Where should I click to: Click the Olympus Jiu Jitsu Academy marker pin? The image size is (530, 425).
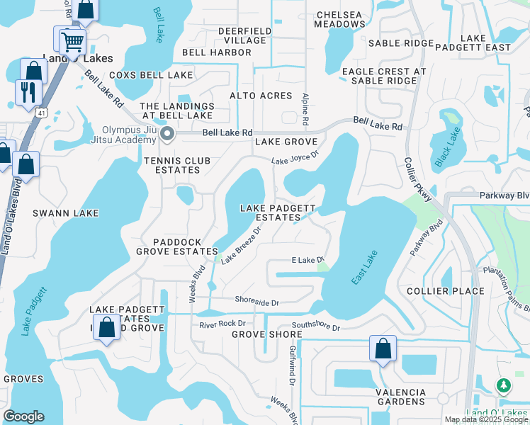point(167,134)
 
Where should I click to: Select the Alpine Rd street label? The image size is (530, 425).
point(306,110)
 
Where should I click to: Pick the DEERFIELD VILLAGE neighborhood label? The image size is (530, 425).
point(242,36)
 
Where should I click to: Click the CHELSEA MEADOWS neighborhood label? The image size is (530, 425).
point(341,19)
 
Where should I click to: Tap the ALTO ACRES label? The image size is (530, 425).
point(261,96)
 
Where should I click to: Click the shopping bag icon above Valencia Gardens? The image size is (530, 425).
point(383,348)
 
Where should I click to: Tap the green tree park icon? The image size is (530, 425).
point(504,385)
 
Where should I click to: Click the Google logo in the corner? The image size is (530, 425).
point(23,416)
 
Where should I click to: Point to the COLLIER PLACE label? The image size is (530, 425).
point(446,291)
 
